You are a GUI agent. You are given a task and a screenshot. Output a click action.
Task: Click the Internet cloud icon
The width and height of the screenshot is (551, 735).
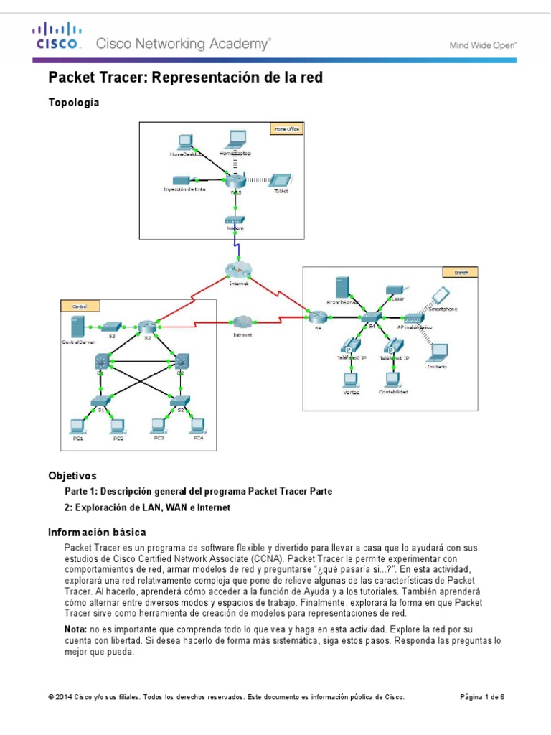238,270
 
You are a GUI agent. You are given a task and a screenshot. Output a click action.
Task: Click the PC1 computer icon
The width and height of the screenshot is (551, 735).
76,426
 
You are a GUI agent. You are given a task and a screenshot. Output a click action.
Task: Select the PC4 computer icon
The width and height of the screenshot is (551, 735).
197,425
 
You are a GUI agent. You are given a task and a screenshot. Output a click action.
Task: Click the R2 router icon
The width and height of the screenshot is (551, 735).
148,327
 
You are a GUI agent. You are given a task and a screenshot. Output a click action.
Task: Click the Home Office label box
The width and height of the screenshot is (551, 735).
286,129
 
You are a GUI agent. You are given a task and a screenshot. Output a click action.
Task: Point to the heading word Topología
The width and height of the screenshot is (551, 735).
73,103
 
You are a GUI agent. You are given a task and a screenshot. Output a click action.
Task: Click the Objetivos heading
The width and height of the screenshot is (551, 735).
72,476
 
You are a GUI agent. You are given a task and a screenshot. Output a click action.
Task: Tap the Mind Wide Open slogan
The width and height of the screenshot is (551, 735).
483,45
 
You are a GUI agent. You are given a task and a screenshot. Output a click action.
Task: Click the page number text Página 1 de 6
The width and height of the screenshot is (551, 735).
481,697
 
